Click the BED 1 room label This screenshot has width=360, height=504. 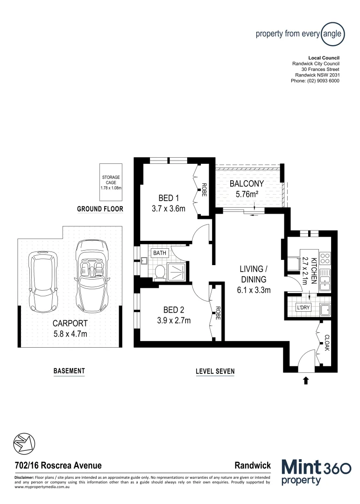[x=169, y=198]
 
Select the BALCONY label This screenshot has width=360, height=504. [x=247, y=183]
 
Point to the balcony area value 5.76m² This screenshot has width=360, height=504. [x=247, y=194]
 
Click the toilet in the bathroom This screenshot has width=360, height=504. [x=159, y=272]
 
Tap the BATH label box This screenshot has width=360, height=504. [x=160, y=253]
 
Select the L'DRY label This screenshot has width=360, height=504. [x=304, y=308]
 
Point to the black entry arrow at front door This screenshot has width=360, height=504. [x=306, y=381]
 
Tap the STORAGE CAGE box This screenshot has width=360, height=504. [x=111, y=182]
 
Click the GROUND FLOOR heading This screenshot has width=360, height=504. [x=100, y=209]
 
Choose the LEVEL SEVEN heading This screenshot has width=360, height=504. [x=215, y=371]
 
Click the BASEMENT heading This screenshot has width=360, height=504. [x=69, y=371]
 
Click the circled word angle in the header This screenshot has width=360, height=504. [x=333, y=34]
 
